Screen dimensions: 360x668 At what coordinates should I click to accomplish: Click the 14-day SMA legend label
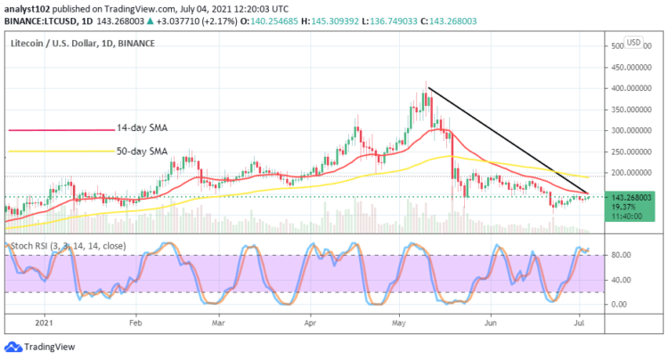143,128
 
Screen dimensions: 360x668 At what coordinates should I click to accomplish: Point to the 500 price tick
616,45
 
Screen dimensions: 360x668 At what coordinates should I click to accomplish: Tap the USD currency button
634,42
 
